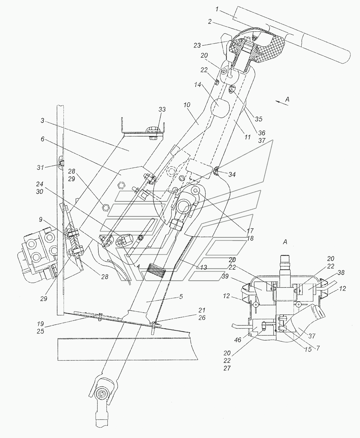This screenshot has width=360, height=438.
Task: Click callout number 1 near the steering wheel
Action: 217,10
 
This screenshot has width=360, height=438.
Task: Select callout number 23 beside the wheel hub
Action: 197,45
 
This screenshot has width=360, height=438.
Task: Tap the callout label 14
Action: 197,84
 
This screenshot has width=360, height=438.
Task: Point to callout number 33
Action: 162,109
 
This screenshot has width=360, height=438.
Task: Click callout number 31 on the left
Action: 40,167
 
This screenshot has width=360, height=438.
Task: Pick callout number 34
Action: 232,175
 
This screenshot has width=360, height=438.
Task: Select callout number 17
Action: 250,231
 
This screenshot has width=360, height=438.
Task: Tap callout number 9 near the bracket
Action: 41,219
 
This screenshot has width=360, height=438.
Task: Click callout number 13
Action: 203,267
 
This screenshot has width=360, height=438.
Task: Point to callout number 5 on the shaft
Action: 181,297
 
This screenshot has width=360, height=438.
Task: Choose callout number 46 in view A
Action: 238,340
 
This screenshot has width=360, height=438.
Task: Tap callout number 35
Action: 259,119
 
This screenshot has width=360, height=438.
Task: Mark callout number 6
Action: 42,139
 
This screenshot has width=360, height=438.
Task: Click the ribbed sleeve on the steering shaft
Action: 157,272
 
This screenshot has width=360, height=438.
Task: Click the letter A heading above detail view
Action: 285,242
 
